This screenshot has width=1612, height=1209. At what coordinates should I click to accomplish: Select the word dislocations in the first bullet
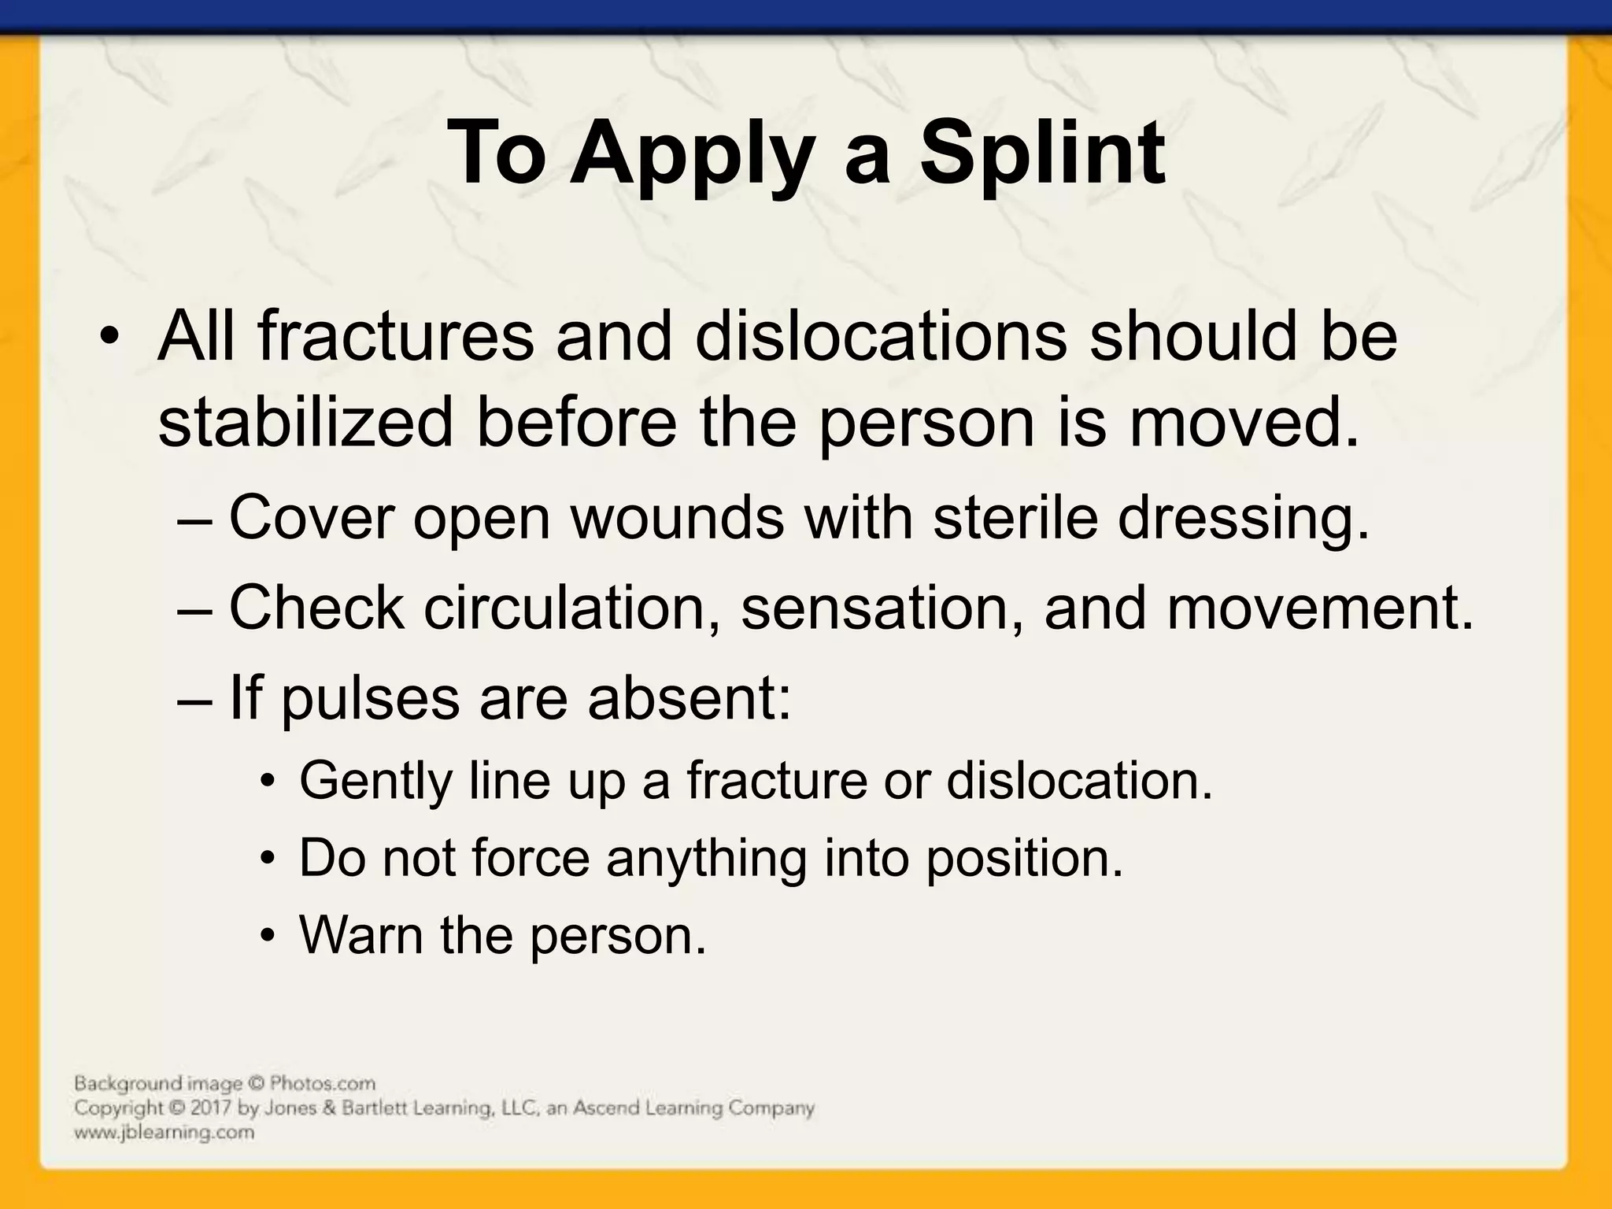[x=880, y=337]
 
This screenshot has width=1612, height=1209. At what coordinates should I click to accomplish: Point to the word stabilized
[x=305, y=423]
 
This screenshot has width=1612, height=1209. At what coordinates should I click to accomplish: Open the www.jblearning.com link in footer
[x=164, y=1133]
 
